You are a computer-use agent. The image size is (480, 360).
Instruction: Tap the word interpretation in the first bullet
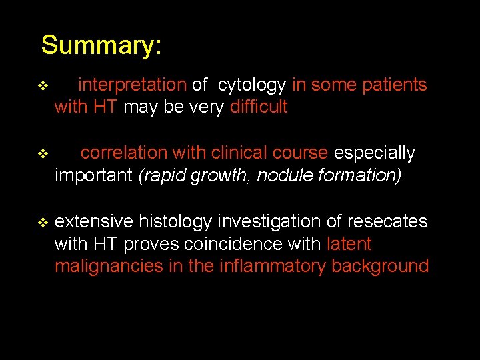(132, 85)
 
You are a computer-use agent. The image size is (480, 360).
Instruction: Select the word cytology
(252, 85)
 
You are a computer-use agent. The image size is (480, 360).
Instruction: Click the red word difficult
(258, 107)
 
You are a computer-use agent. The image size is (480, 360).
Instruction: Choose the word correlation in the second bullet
(124, 153)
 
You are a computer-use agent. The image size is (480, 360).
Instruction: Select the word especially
(374, 153)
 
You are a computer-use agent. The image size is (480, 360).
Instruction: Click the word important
(93, 175)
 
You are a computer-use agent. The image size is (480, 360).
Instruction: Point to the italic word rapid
(163, 175)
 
